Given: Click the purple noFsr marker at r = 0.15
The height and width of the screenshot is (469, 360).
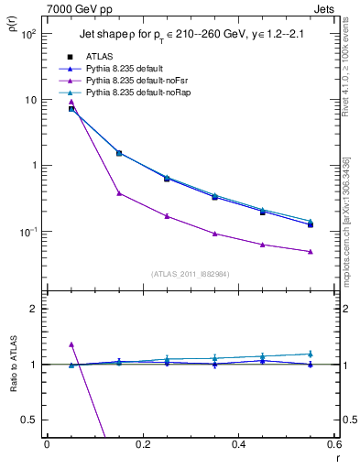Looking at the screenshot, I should click(119, 192).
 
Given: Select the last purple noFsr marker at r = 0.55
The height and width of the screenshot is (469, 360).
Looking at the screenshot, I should click(311, 251).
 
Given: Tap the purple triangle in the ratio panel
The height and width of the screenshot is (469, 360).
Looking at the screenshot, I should click(71, 344).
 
